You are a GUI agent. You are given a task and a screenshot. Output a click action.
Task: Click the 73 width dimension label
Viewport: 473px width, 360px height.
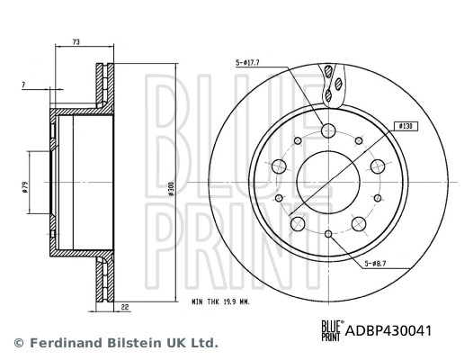coord(76,42)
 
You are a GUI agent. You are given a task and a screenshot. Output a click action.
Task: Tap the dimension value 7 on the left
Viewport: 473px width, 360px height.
coord(22,85)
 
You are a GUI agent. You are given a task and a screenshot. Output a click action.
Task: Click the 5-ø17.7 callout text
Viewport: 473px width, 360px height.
coord(247,62)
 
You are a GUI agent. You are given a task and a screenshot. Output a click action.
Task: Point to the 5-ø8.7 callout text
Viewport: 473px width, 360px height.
coord(377,264)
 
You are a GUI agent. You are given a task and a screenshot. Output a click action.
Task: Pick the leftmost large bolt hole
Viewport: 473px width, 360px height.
coord(278,166)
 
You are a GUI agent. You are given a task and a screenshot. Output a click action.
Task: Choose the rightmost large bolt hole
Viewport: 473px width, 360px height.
coord(379,166)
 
